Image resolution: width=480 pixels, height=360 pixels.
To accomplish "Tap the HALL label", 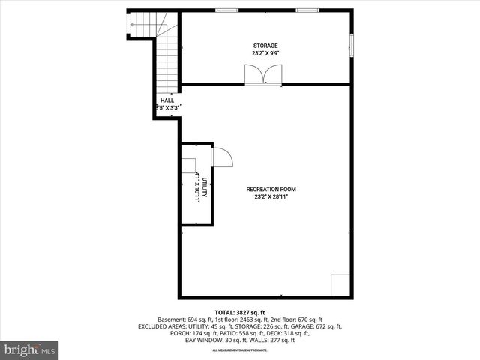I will click(166, 100).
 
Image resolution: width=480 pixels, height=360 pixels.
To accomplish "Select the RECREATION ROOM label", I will click(267, 189).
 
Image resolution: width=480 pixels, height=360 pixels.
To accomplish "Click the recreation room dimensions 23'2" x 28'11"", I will click(267, 196).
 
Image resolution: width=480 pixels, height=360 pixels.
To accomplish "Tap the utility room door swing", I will click(222, 157).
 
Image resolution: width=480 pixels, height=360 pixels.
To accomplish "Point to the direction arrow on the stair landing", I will click(133, 25).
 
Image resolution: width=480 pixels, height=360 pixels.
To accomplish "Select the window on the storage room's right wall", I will click(351, 45).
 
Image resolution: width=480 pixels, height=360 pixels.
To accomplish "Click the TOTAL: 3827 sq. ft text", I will click(240, 312).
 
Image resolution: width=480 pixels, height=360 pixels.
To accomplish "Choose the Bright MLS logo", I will click(30, 349).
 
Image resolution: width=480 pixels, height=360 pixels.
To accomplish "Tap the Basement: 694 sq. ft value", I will click(181, 319).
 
